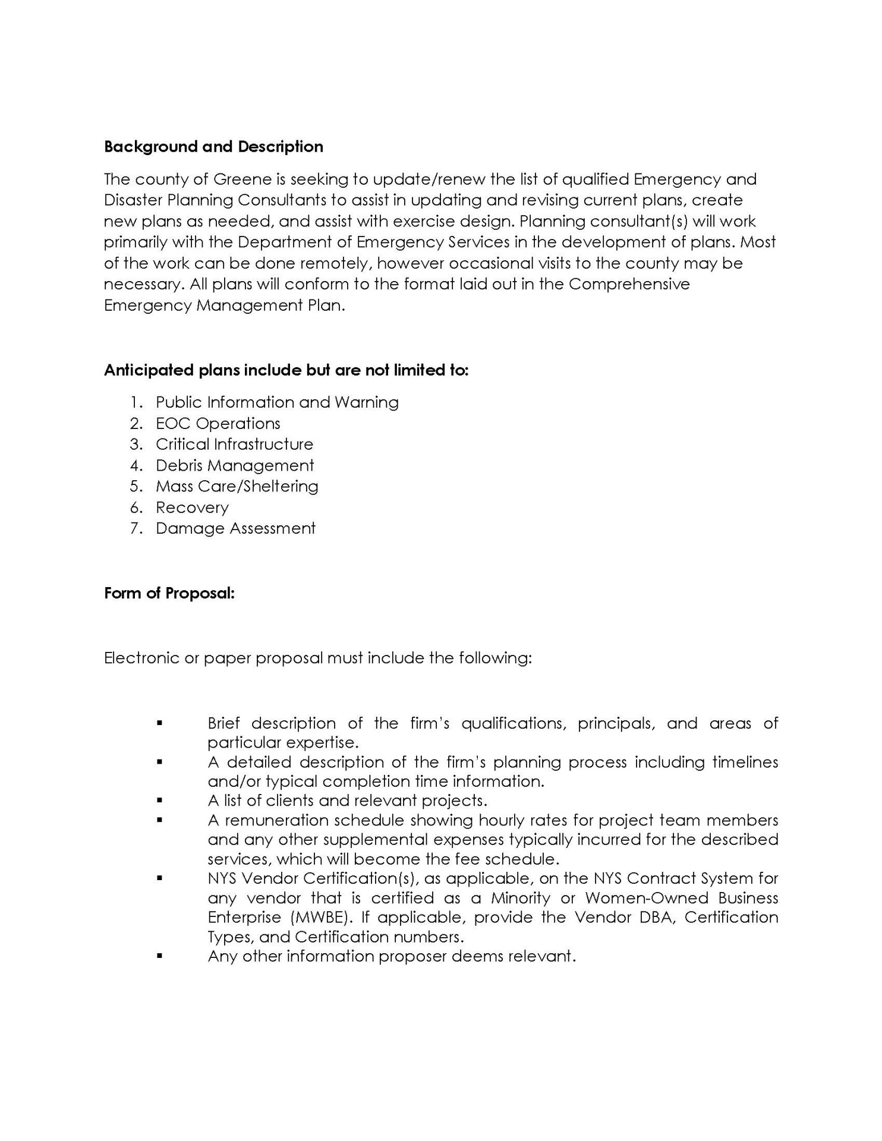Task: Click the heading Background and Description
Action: pos(213,147)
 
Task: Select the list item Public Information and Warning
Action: pos(277,402)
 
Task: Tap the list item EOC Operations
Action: pos(218,424)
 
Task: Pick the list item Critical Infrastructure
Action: pos(234,445)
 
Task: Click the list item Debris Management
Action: pos(235,465)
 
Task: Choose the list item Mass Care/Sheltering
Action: pos(237,487)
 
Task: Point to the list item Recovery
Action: pos(192,508)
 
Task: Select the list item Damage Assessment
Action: pos(235,528)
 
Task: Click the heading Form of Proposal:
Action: pos(169,594)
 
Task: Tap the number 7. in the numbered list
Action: pos(136,528)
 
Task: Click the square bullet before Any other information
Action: pos(159,956)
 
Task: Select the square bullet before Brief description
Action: pos(159,723)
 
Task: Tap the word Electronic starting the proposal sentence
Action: pos(141,658)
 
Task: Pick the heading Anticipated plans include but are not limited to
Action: pos(286,370)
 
